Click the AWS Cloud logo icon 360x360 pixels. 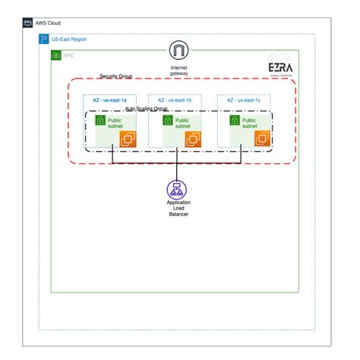pos(28,24)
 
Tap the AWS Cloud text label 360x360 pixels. pos(49,24)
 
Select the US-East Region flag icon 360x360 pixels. pos(43,39)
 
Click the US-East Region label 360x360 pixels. pos(68,39)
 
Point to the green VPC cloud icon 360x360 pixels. pos(55,55)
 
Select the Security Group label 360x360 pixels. pos(117,77)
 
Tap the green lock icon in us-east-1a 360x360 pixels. pos(99,120)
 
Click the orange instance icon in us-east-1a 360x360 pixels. pos(128,139)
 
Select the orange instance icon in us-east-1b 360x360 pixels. pos(194,139)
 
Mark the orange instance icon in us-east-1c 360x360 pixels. pos(262,139)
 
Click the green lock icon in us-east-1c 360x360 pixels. pos(233,120)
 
